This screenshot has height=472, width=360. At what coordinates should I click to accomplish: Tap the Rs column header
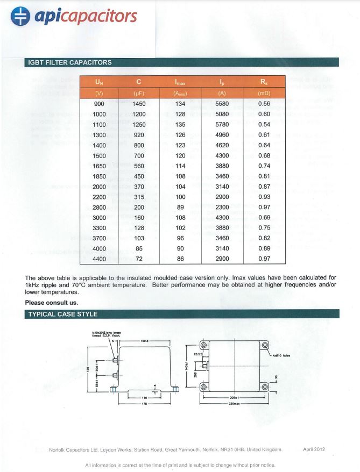point(264,82)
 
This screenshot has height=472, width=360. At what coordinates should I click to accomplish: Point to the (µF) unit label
point(139,93)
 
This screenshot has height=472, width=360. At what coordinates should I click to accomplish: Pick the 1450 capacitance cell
point(139,104)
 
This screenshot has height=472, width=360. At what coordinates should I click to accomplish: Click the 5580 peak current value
point(222,104)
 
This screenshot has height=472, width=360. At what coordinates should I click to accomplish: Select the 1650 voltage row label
point(99,166)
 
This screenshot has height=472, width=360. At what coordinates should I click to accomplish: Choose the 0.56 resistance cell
point(264,104)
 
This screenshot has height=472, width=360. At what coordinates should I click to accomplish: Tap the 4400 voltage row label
point(99,259)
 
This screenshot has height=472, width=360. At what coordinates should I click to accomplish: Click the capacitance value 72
point(139,259)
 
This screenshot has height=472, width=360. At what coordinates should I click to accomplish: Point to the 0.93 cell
point(264,197)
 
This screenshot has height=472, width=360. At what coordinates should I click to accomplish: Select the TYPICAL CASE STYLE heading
point(62,314)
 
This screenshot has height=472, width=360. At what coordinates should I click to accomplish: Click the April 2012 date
point(314,449)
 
